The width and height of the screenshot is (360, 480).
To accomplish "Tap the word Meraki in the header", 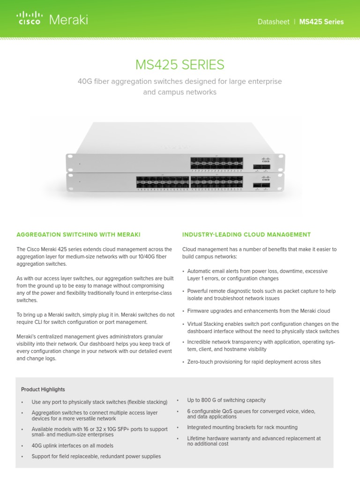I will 68,20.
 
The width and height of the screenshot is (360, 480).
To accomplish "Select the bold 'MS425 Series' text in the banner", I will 321,22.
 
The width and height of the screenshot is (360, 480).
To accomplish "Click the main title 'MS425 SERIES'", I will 180,64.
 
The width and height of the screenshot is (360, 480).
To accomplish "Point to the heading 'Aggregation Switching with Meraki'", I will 78,234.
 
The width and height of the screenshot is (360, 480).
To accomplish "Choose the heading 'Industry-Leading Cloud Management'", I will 246,234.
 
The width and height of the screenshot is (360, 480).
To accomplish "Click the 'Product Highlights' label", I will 43,390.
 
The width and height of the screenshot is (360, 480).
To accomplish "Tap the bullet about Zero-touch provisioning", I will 254,362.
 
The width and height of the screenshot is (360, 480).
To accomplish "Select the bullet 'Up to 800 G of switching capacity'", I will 226,400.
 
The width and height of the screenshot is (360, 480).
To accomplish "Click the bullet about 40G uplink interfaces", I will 72,446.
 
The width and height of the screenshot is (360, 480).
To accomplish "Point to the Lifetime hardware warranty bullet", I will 254,441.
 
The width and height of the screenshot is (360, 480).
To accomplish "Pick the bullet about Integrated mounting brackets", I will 242,427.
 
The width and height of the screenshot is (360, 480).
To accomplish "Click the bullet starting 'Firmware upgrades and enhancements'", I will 258,311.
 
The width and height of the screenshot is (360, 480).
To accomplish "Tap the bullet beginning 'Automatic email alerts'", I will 257,275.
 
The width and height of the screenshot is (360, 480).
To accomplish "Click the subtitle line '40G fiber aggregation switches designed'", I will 180,82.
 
